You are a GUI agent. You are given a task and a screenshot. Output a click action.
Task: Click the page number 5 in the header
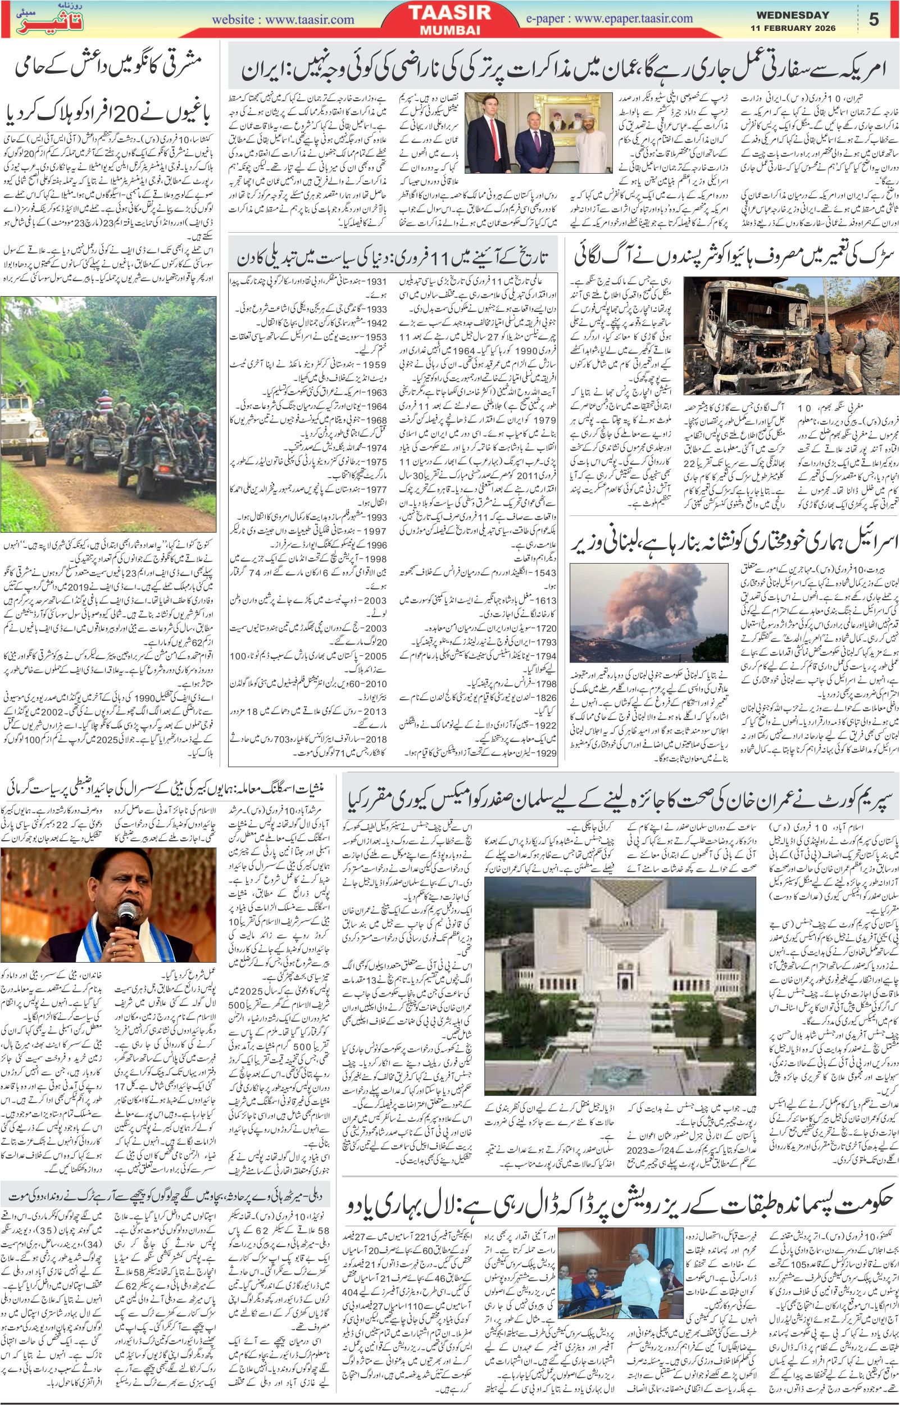(874, 19)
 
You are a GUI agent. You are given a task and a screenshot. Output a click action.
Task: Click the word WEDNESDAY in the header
(793, 15)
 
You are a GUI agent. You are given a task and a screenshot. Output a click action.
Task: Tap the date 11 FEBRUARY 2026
(793, 28)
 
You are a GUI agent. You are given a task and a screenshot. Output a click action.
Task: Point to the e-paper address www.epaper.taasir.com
(634, 19)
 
